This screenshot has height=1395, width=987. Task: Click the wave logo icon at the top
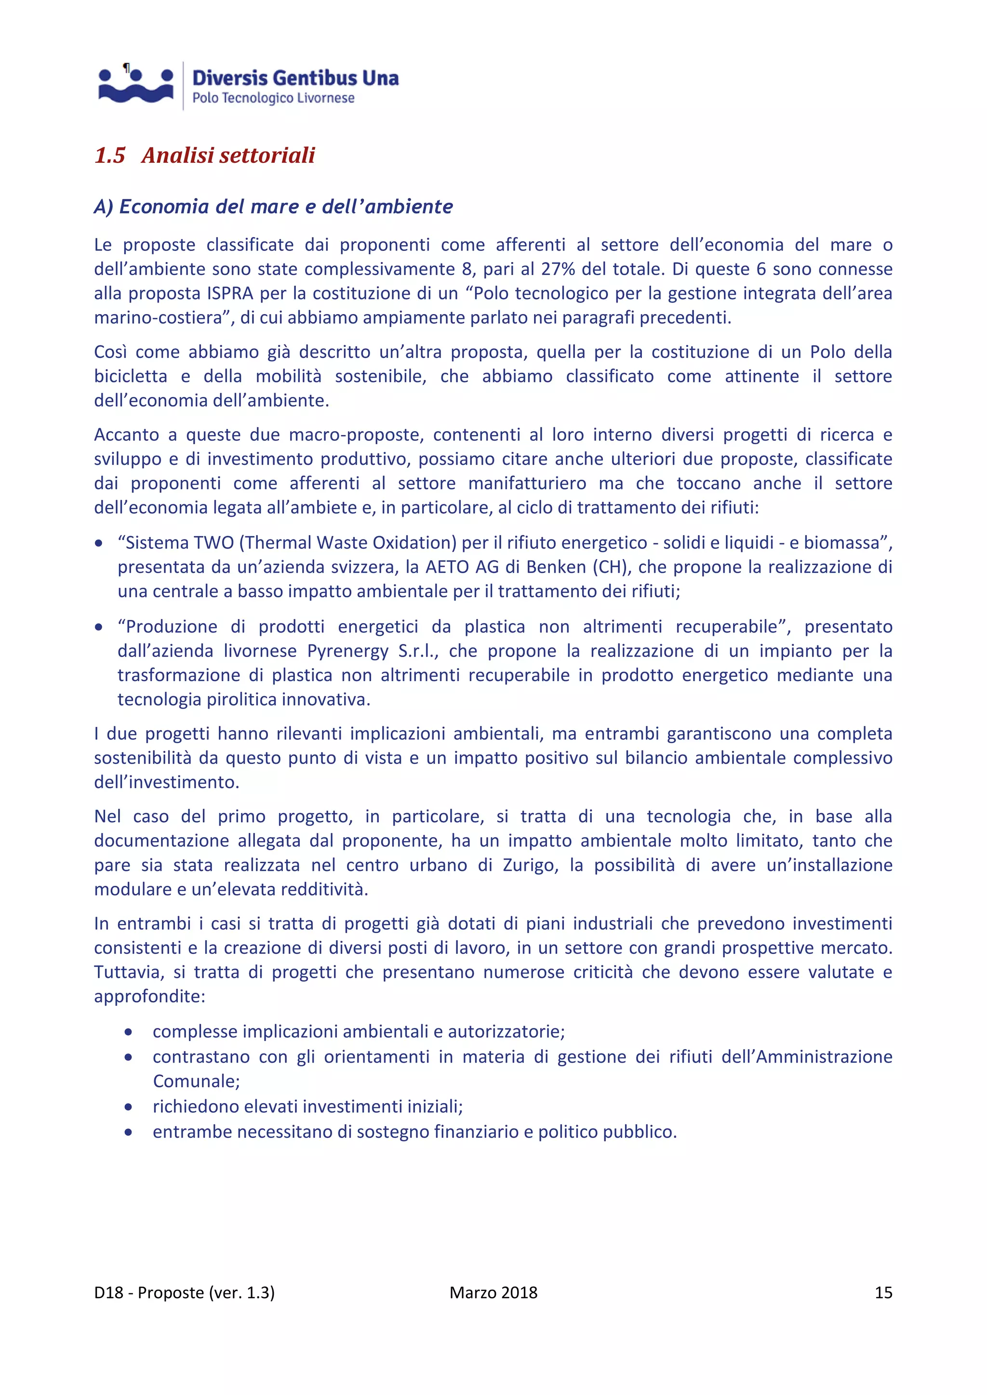pyautogui.click(x=135, y=85)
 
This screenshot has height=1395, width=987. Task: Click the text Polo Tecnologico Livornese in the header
pyautogui.click(x=273, y=98)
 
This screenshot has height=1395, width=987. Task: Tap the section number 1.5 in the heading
pyautogui.click(x=109, y=156)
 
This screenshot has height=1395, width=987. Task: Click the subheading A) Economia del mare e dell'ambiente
pyautogui.click(x=273, y=207)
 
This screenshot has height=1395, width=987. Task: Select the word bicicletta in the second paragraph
pyautogui.click(x=130, y=376)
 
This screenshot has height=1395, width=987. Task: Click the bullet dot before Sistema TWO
pyautogui.click(x=98, y=543)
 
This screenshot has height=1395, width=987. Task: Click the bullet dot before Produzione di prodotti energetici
pyautogui.click(x=98, y=627)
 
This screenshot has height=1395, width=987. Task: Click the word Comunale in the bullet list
pyautogui.click(x=196, y=1081)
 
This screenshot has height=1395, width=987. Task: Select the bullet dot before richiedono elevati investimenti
pyautogui.click(x=128, y=1107)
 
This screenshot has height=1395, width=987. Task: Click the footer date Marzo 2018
pyautogui.click(x=493, y=1292)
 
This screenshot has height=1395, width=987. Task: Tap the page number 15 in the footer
pyautogui.click(x=883, y=1292)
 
